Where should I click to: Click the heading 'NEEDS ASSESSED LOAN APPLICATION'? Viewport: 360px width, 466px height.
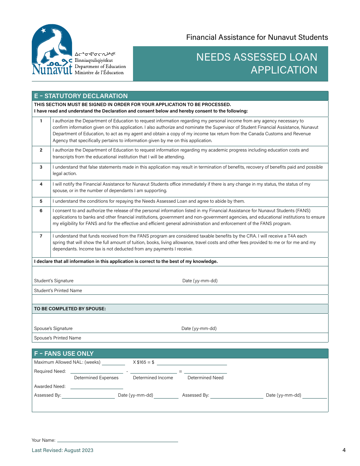coord(257,63)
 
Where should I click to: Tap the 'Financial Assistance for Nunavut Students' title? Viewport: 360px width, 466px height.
coord(257,37)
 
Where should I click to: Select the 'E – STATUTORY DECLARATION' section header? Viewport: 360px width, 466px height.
coord(81,96)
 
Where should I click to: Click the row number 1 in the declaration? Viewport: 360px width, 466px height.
coord(41,121)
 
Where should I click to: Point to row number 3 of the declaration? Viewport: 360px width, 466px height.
coord(41,167)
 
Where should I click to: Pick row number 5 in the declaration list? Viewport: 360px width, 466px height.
coord(41,202)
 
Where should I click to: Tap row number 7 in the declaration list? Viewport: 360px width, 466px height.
coord(41,236)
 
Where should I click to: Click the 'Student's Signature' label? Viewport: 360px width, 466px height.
coord(54,281)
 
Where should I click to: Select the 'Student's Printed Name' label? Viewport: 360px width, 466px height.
coord(58,291)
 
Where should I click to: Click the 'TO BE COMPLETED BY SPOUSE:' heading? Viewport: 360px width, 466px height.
coord(70,309)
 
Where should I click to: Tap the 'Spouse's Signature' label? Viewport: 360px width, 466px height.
coord(53,328)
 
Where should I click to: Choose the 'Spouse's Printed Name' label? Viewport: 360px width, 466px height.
coord(58,338)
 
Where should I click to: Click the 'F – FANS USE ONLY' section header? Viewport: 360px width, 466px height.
coord(64,353)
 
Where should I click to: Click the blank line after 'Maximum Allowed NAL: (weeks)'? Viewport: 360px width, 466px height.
coord(113,363)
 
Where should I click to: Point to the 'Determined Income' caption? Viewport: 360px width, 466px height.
coord(153,378)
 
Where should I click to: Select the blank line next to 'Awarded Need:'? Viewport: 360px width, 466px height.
coord(97,387)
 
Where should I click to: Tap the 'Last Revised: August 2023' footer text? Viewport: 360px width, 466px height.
coord(63,450)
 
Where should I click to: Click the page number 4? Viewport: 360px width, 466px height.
coord(344,450)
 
